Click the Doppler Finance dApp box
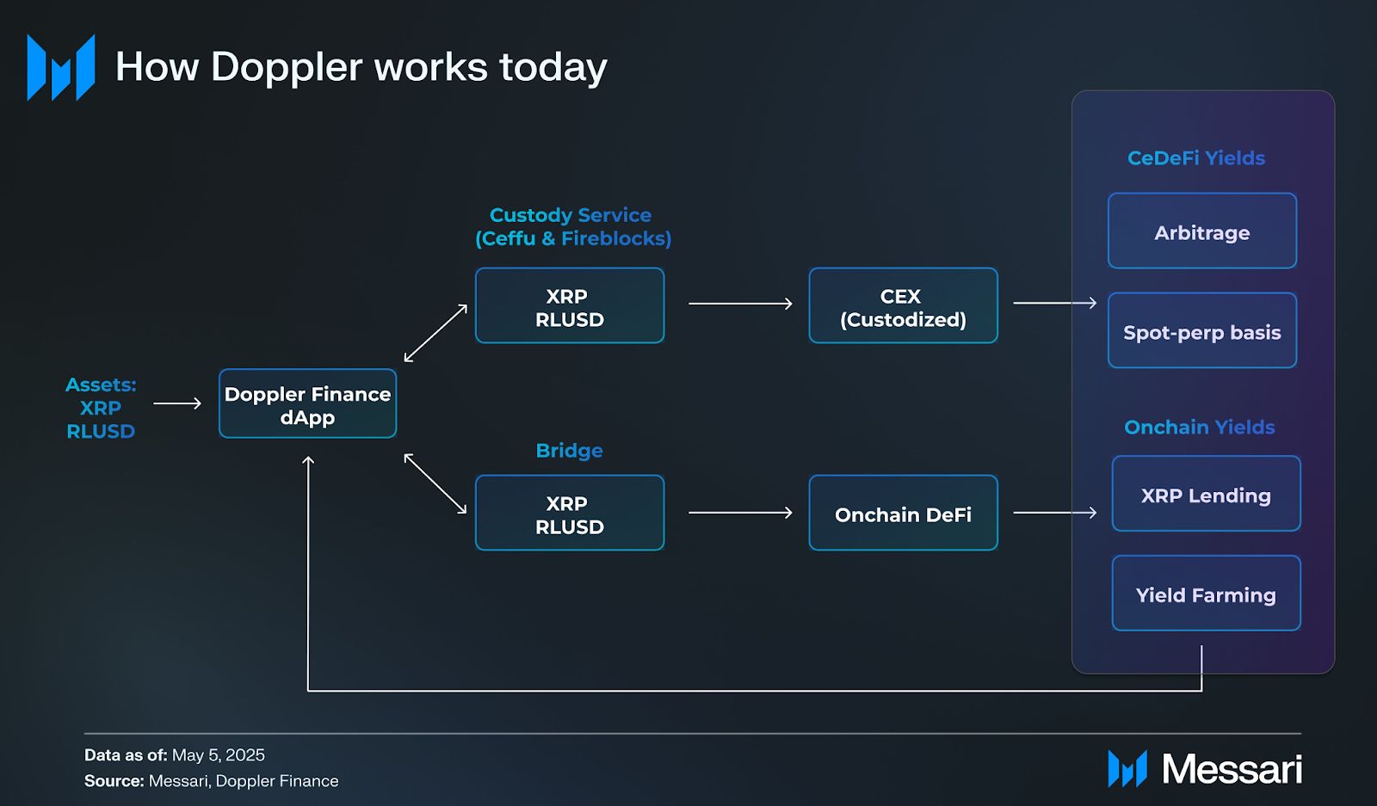307,403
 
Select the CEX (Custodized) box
903,305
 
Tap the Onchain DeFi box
903,513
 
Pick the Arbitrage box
1202,231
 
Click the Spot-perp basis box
1202,330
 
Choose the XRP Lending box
1206,493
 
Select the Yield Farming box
1206,593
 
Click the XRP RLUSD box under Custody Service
570,305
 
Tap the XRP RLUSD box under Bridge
570,513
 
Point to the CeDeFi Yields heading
1196,158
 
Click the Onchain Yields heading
1200,427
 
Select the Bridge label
569,451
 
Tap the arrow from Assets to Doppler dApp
177,403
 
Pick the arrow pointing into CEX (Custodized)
740,304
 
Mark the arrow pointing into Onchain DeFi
740,513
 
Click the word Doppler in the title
287,68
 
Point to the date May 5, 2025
219,754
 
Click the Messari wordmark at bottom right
1232,768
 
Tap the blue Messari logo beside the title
61,67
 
